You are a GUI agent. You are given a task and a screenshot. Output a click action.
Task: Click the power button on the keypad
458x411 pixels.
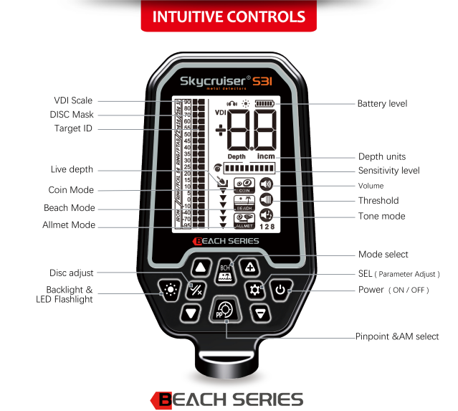coord(280,290)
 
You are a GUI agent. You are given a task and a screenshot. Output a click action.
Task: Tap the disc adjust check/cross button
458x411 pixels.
coord(195,290)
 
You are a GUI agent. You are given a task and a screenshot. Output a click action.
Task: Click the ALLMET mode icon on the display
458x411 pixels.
coord(244,219)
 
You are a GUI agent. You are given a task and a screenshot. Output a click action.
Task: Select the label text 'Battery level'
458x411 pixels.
coord(382,104)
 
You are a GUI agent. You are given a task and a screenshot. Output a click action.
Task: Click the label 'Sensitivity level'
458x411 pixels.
coord(388,171)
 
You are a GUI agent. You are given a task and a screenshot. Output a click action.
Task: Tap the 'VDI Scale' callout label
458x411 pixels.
coord(72,101)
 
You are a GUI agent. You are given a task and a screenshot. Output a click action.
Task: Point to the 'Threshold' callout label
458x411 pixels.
coord(378,201)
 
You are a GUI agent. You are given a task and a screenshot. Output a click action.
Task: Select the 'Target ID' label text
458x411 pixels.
coord(73,129)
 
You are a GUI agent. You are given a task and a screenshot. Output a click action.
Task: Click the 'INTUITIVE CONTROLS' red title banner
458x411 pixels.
coord(229,16)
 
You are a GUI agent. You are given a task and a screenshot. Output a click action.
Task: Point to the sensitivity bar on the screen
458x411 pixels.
coord(250,168)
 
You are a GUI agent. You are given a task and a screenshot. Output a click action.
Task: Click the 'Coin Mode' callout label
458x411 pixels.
coord(71,190)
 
